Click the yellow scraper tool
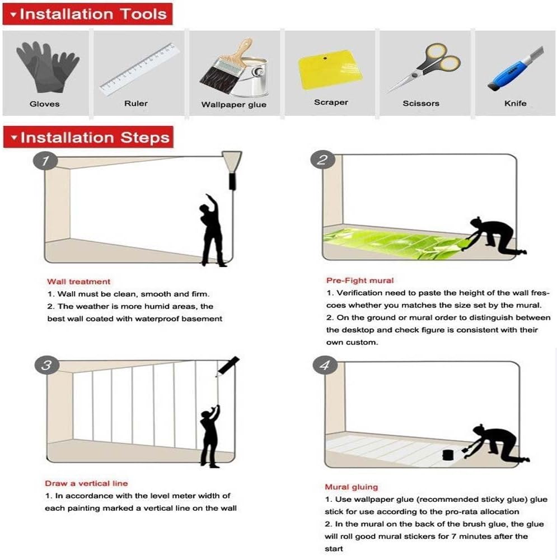(330, 69)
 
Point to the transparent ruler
(139, 69)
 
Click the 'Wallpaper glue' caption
(234, 105)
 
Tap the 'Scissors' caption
(421, 103)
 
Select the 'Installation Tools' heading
(93, 15)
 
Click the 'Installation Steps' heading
(95, 138)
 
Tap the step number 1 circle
(45, 161)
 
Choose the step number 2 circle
(322, 159)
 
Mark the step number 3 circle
(47, 365)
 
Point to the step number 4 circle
(325, 365)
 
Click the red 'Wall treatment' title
(78, 282)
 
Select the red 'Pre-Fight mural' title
(360, 281)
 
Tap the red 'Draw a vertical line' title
(86, 483)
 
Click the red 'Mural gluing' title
(352, 487)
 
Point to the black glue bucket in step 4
(448, 455)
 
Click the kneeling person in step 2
(497, 236)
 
